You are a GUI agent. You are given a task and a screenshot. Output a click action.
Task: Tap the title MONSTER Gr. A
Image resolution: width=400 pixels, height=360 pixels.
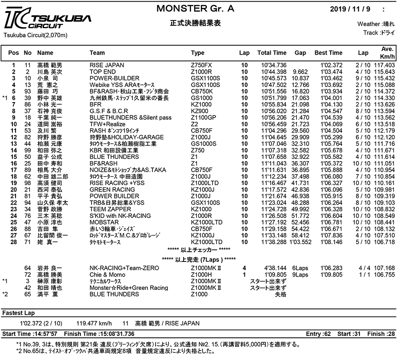pos(196,8)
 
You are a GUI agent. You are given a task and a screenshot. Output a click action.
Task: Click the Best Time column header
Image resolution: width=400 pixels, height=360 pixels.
pos(328,53)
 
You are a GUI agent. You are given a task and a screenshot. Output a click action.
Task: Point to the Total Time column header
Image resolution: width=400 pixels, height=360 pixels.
pos(272,53)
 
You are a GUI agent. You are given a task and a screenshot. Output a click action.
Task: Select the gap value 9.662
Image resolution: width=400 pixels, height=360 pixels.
pos(300,71)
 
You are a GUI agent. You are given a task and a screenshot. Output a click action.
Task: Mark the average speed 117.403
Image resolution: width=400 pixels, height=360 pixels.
pos(384,65)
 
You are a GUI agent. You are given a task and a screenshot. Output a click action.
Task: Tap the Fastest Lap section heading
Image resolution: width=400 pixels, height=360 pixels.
pos(17,313)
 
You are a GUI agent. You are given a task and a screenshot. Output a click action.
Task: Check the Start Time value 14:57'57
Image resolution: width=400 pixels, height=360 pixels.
pos(46,333)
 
